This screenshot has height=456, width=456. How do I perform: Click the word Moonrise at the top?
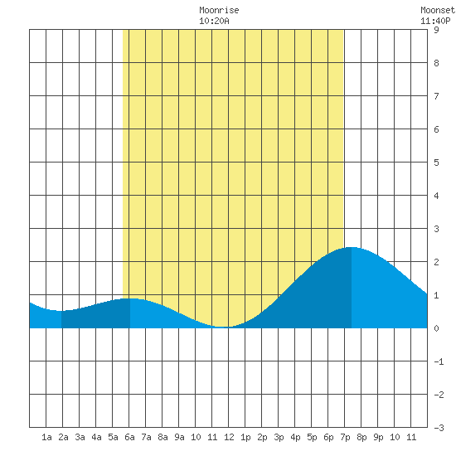coord(219,10)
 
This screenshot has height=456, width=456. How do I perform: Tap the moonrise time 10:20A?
coord(214,21)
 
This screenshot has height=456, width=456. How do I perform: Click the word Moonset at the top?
coord(438,10)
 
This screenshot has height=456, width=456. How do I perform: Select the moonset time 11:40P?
coord(435,21)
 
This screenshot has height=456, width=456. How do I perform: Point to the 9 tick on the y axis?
coord(436,30)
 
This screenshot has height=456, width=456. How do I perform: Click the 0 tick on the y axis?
coord(436,328)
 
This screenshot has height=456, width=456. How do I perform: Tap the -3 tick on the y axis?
coord(439,428)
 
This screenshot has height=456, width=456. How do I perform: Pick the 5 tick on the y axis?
coord(436,163)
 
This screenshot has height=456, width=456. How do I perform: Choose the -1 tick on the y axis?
coord(439,361)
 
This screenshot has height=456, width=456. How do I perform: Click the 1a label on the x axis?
coord(46,437)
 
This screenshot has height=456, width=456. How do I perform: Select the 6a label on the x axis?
coord(129,437)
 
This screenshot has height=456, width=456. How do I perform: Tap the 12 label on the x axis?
coord(229,437)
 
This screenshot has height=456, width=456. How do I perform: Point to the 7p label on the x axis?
coord(345,437)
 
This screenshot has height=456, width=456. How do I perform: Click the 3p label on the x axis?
coord(279,437)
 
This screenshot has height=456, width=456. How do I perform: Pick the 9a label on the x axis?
coord(179,437)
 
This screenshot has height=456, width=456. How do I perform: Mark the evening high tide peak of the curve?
coord(351,248)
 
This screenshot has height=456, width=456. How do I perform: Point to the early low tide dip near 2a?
coord(61,311)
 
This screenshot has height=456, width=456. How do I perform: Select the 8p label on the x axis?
coord(361,437)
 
